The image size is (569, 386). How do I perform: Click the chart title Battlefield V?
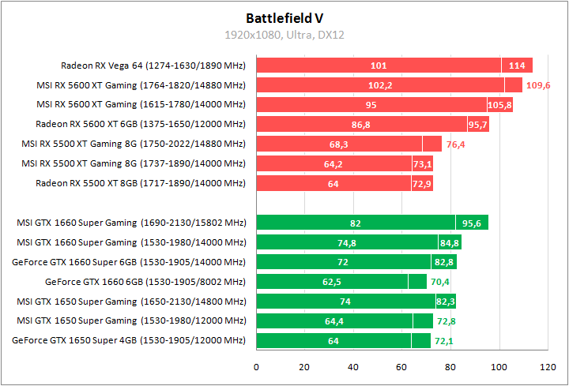click(x=284, y=17)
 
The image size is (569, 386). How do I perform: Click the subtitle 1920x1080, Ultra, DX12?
click(x=284, y=35)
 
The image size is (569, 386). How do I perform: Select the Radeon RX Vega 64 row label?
click(x=153, y=66)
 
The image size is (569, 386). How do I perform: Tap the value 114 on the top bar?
click(x=518, y=66)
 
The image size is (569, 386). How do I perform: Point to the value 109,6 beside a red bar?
click(x=537, y=85)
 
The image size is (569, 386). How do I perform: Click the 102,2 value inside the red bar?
click(x=381, y=85)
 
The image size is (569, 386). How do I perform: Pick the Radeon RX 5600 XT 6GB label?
click(x=141, y=124)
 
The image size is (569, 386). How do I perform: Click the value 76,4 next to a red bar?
click(x=457, y=144)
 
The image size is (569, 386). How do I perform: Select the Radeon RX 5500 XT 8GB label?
click(x=141, y=183)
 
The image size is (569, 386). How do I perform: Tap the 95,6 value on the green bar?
click(x=473, y=223)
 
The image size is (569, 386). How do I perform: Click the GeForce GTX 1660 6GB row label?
click(x=145, y=281)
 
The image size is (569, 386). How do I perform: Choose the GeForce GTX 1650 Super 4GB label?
click(x=130, y=340)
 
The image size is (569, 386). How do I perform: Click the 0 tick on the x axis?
click(x=256, y=367)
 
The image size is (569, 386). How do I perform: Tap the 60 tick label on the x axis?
click(x=401, y=367)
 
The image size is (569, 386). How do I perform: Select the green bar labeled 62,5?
click(x=332, y=281)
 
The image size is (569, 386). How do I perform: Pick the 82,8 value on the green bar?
click(x=443, y=261)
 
